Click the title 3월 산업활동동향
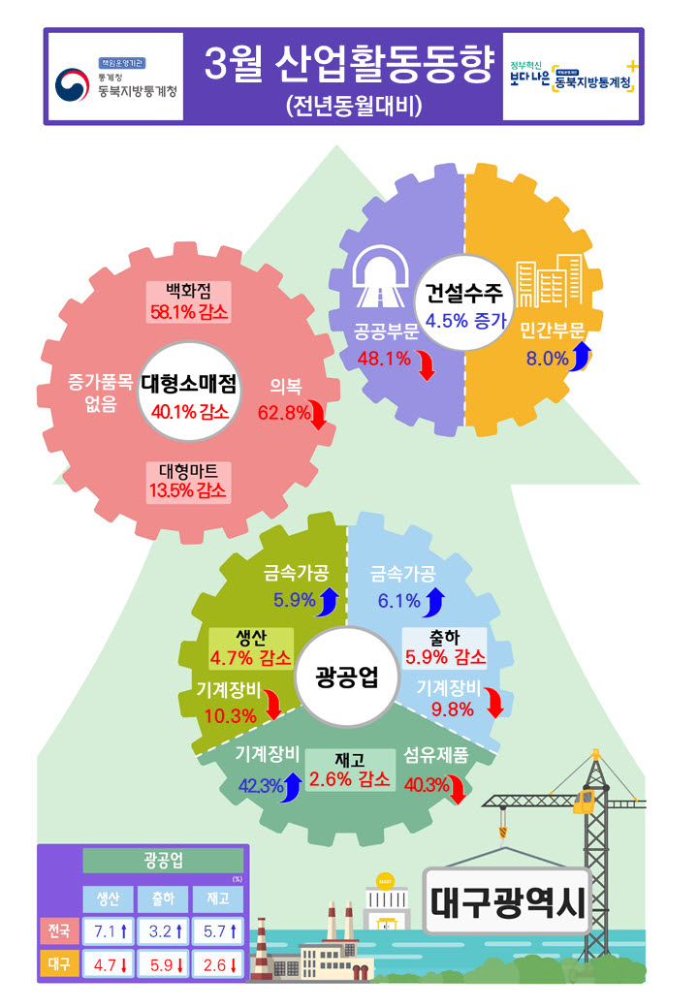348,64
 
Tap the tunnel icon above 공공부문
380,276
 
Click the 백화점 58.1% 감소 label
188,301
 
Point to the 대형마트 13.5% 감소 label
188,482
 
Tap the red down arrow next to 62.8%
319,415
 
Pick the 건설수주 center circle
464,302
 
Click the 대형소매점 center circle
189,392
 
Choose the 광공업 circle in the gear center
347,677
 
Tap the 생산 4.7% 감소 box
251,648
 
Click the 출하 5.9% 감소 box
445,647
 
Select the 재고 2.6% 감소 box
350,770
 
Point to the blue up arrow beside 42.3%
293,787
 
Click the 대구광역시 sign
507,900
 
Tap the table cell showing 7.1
109,930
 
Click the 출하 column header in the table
163,898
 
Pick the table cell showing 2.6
218,964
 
